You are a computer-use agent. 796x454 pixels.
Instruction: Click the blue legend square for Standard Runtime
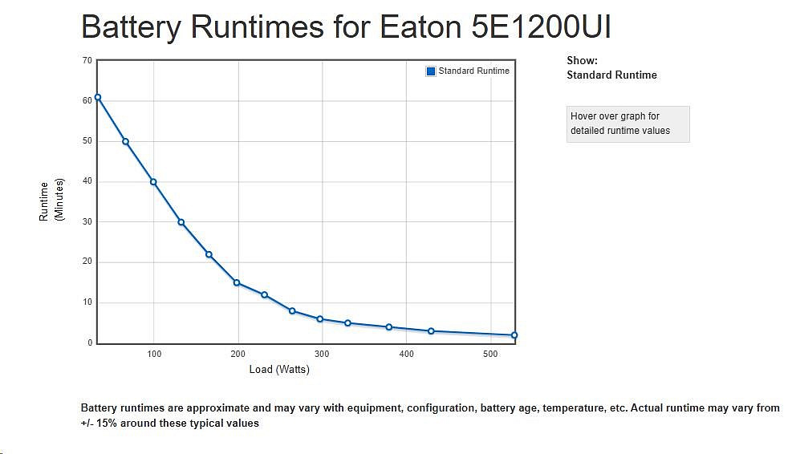tap(431, 71)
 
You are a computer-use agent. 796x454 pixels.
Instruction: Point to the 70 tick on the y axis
tap(87, 60)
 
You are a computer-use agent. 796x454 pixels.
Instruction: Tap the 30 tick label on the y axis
tap(87, 222)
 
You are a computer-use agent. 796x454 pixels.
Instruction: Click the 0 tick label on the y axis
tap(89, 343)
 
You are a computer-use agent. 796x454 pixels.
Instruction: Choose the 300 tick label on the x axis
tap(322, 354)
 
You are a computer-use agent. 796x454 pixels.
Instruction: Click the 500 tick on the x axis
tap(490, 354)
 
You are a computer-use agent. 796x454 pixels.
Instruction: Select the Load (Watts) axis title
tap(279, 370)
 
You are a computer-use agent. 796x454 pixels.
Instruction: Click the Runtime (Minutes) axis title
tap(51, 201)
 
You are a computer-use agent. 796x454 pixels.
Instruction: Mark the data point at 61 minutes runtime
tap(98, 97)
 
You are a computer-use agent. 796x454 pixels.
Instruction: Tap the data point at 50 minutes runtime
tap(125, 141)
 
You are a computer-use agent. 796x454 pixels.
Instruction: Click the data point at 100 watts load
tap(153, 182)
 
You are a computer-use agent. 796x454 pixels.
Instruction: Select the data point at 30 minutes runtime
tap(181, 222)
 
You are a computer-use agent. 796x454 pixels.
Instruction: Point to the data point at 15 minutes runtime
tap(237, 282)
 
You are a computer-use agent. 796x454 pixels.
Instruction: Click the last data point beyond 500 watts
tap(514, 335)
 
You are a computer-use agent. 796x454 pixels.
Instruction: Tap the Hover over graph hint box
tap(627, 124)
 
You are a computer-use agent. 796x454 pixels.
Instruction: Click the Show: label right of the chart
tap(582, 60)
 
